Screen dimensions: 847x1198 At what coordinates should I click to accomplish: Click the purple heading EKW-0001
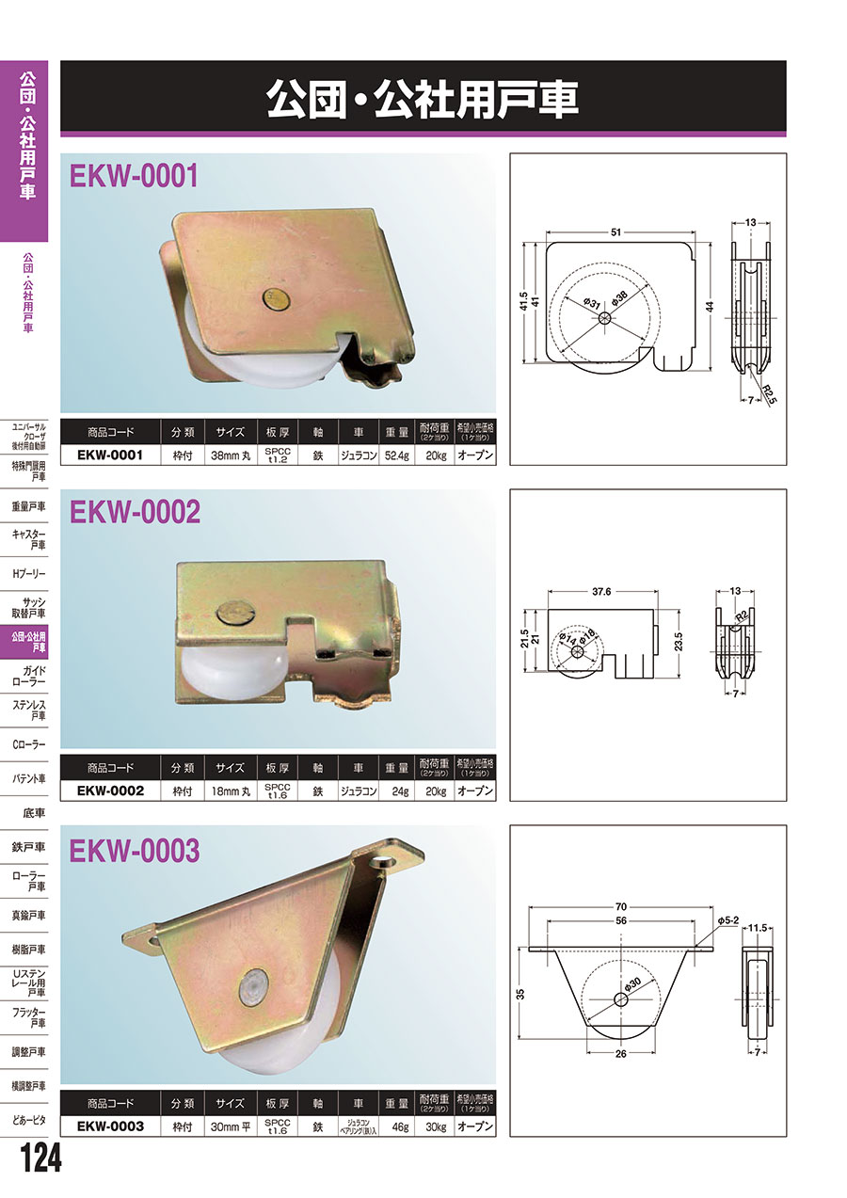pos(134,175)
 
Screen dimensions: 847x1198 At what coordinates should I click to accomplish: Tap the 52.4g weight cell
pos(397,455)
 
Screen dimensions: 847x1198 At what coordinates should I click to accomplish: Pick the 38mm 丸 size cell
pos(231,455)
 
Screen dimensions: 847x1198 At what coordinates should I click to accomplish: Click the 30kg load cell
pos(435,1126)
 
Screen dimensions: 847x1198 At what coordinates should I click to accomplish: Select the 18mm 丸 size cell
pos(231,791)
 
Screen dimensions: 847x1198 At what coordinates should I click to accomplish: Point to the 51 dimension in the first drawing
pos(615,232)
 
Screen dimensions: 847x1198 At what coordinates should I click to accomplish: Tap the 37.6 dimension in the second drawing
pos(601,592)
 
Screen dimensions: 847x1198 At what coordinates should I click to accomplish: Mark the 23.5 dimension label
pos(679,642)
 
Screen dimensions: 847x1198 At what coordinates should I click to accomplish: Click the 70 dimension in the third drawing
pos(620,906)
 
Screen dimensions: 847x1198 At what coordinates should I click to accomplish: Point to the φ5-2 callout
pos(727,921)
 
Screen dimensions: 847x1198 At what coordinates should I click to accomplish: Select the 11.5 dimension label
pos(758,928)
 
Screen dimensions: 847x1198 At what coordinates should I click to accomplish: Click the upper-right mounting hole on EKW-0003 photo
pos(382,862)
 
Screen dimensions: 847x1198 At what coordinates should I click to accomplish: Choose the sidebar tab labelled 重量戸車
pos(28,506)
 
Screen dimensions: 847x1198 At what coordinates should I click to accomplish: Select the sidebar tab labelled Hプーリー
pos(28,574)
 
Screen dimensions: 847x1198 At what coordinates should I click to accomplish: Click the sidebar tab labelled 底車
pos(34,813)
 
